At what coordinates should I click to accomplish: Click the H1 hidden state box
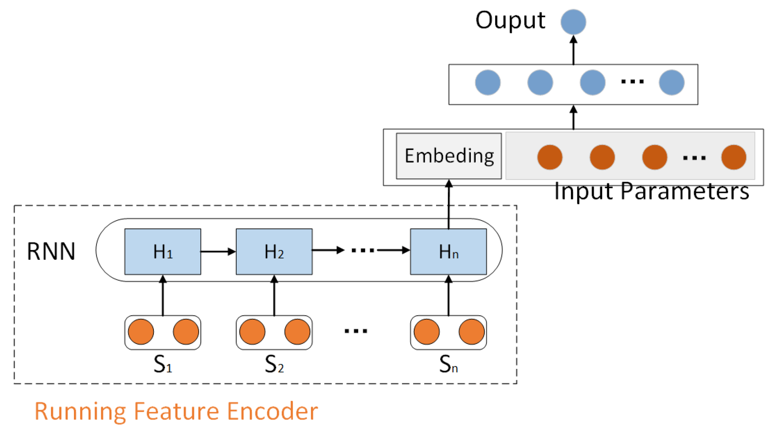pos(162,252)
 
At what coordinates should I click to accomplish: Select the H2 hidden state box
pos(274,252)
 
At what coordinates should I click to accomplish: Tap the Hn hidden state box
pos(448,252)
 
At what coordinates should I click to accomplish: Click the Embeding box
pos(449,156)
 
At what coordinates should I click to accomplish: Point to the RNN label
pos(51,252)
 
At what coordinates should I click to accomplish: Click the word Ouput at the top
pos(510,20)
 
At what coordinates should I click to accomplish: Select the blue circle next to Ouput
pos(573,22)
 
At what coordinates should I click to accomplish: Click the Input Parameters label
pos(651,192)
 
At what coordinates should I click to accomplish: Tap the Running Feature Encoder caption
pos(176,411)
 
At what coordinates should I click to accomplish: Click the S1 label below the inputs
pos(162,364)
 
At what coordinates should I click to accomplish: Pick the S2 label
pos(274,364)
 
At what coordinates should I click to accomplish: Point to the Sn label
pos(448,364)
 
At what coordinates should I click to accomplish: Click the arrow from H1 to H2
pos(218,252)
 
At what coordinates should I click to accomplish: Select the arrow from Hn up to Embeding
pos(449,204)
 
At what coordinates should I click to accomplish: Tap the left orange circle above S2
pos(252,332)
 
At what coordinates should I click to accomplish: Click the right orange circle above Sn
pos(471,332)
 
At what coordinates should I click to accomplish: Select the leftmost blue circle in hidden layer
pos(487,82)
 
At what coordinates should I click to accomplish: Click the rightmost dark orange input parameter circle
pos(733,157)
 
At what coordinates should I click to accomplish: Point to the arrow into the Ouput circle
pos(573,49)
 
